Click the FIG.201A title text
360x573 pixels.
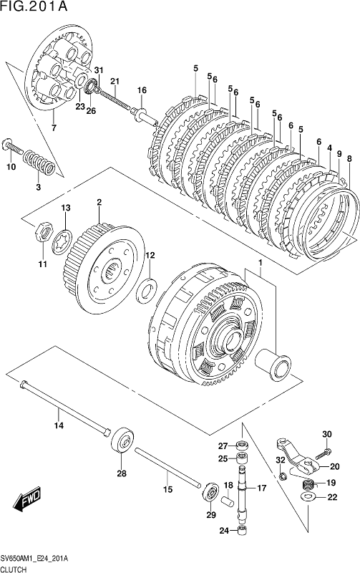click(34, 6)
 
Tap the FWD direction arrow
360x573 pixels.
click(27, 499)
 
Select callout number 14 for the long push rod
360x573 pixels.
click(59, 425)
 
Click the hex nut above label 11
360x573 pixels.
click(43, 231)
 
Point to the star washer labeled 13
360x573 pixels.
click(62, 241)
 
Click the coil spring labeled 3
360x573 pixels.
click(39, 163)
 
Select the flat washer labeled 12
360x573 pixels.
click(147, 291)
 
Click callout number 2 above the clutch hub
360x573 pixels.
click(99, 202)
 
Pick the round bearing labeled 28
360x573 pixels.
click(122, 440)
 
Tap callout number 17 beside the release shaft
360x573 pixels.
click(261, 488)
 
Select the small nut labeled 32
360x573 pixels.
click(281, 476)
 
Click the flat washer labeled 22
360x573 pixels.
click(309, 497)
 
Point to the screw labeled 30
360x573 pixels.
click(323, 453)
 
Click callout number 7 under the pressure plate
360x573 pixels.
click(54, 128)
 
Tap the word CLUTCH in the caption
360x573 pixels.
click(14, 569)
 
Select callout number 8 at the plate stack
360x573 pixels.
click(349, 158)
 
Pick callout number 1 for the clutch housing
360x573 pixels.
click(261, 262)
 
